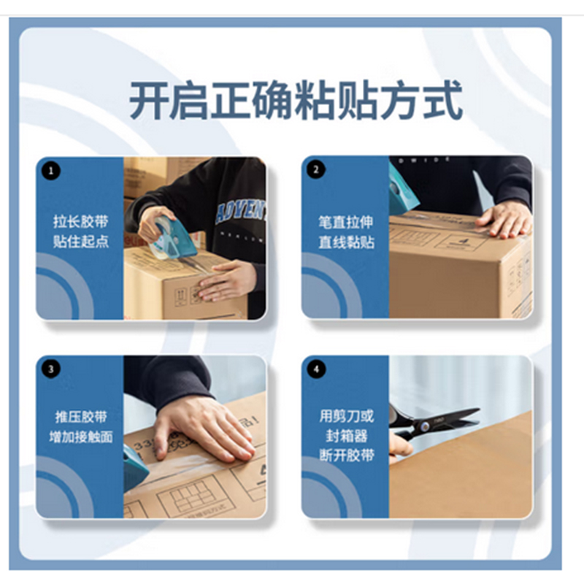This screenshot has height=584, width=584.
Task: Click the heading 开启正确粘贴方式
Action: click(296, 101)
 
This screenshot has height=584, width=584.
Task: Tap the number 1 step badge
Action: click(50, 171)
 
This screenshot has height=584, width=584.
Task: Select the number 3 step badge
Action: click(50, 369)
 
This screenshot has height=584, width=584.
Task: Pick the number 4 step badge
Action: click(316, 369)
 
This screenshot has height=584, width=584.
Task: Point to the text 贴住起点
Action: click(80, 242)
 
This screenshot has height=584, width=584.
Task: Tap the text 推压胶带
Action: click(80, 417)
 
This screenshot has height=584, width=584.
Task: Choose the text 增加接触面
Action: click(80, 437)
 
